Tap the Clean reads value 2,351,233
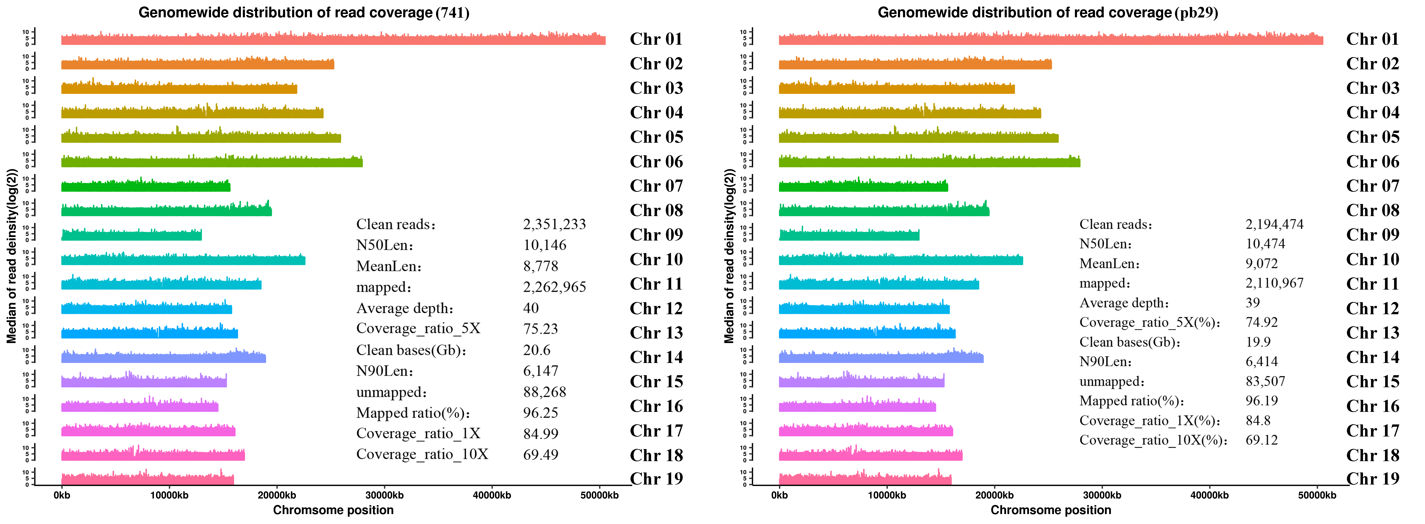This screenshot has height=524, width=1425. (x=554, y=224)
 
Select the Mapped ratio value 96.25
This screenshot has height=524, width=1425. (x=541, y=413)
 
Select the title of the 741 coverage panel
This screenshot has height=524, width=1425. (x=304, y=13)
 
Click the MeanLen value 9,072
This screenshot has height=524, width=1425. (x=1262, y=263)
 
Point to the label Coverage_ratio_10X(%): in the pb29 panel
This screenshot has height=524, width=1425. (x=1153, y=441)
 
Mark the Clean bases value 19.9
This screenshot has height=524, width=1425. (x=1258, y=342)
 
